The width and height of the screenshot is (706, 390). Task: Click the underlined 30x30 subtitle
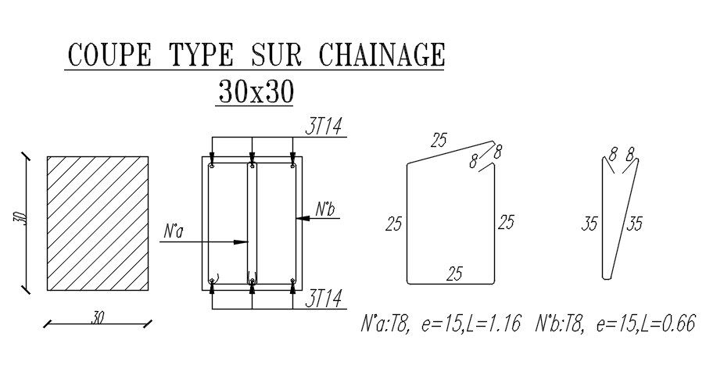(255, 92)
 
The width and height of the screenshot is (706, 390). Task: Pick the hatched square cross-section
(98, 223)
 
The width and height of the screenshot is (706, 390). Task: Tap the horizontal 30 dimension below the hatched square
(97, 318)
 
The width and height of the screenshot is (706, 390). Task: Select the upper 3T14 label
(323, 126)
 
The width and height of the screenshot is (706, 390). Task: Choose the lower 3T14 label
(323, 299)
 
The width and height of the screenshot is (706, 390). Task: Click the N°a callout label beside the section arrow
(174, 232)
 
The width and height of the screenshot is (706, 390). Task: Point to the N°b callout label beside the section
(325, 209)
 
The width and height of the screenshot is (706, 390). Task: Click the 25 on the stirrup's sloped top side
(439, 141)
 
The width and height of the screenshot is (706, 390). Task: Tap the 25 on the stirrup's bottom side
(453, 274)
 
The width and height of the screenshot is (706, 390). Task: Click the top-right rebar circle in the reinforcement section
(292, 166)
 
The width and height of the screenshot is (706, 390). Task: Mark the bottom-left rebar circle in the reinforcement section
(213, 280)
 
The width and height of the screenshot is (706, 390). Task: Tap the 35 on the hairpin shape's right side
(634, 224)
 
